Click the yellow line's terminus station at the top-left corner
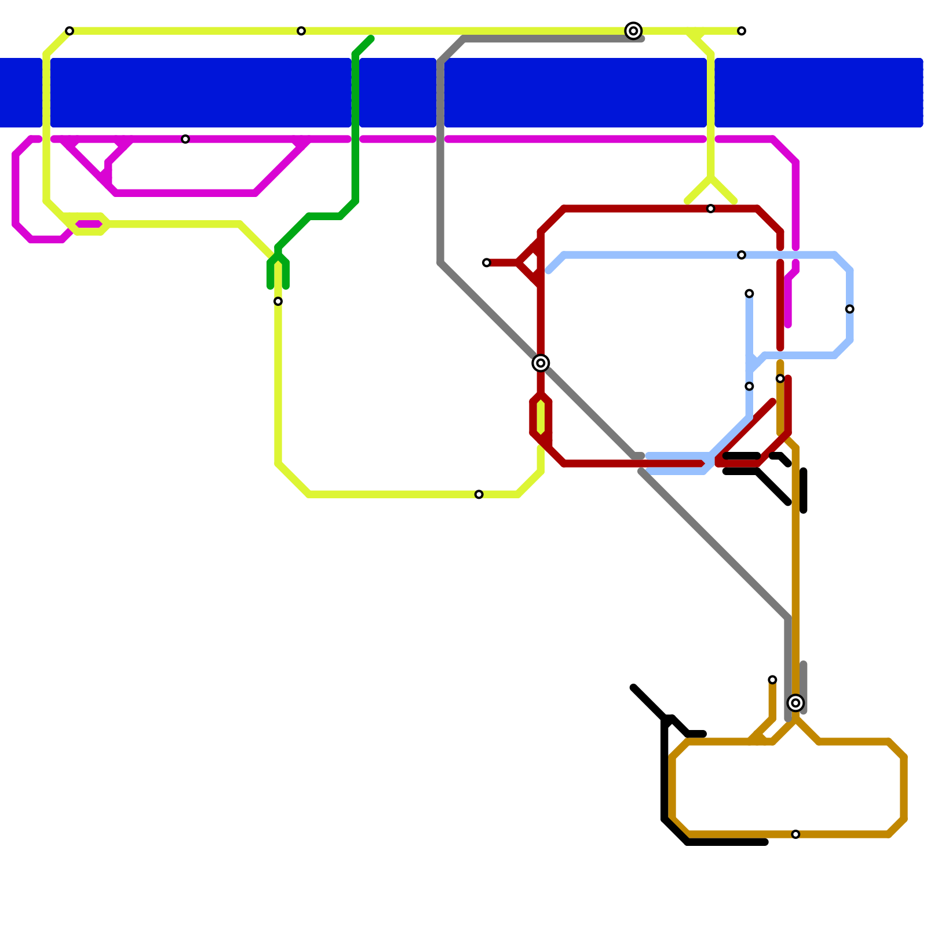70,31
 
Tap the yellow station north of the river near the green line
301,31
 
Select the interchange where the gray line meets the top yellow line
634,31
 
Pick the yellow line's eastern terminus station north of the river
742,31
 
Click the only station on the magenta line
185,139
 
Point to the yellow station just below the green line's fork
278,301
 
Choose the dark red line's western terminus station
487,263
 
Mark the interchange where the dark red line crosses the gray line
541,363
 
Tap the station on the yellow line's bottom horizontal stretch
479,494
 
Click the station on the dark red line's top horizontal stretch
711,209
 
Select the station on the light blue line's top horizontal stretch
742,255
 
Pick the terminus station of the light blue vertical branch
749,294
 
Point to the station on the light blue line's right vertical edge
849,309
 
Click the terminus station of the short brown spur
772,680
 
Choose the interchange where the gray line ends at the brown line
796,703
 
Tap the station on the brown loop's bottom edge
795,834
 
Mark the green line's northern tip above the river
371,39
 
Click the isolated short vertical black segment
804,491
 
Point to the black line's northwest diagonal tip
633,688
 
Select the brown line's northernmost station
780,379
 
